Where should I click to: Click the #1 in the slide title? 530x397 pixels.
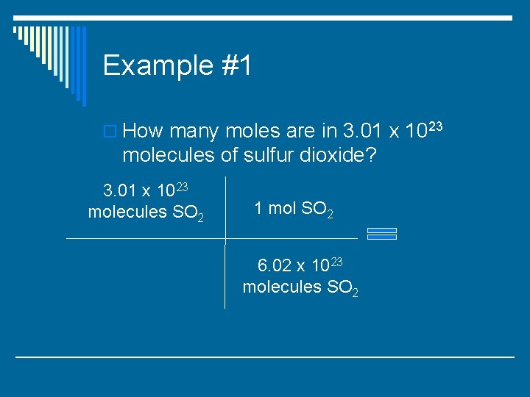point(236,65)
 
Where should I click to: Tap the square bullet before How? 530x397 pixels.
point(110,132)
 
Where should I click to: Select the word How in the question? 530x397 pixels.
point(144,132)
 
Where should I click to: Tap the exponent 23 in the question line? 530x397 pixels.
point(434,126)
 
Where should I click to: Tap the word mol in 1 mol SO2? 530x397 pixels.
point(282,209)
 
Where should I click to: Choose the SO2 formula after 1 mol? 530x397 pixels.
point(317,210)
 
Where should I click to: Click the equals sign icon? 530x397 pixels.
point(382,233)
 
